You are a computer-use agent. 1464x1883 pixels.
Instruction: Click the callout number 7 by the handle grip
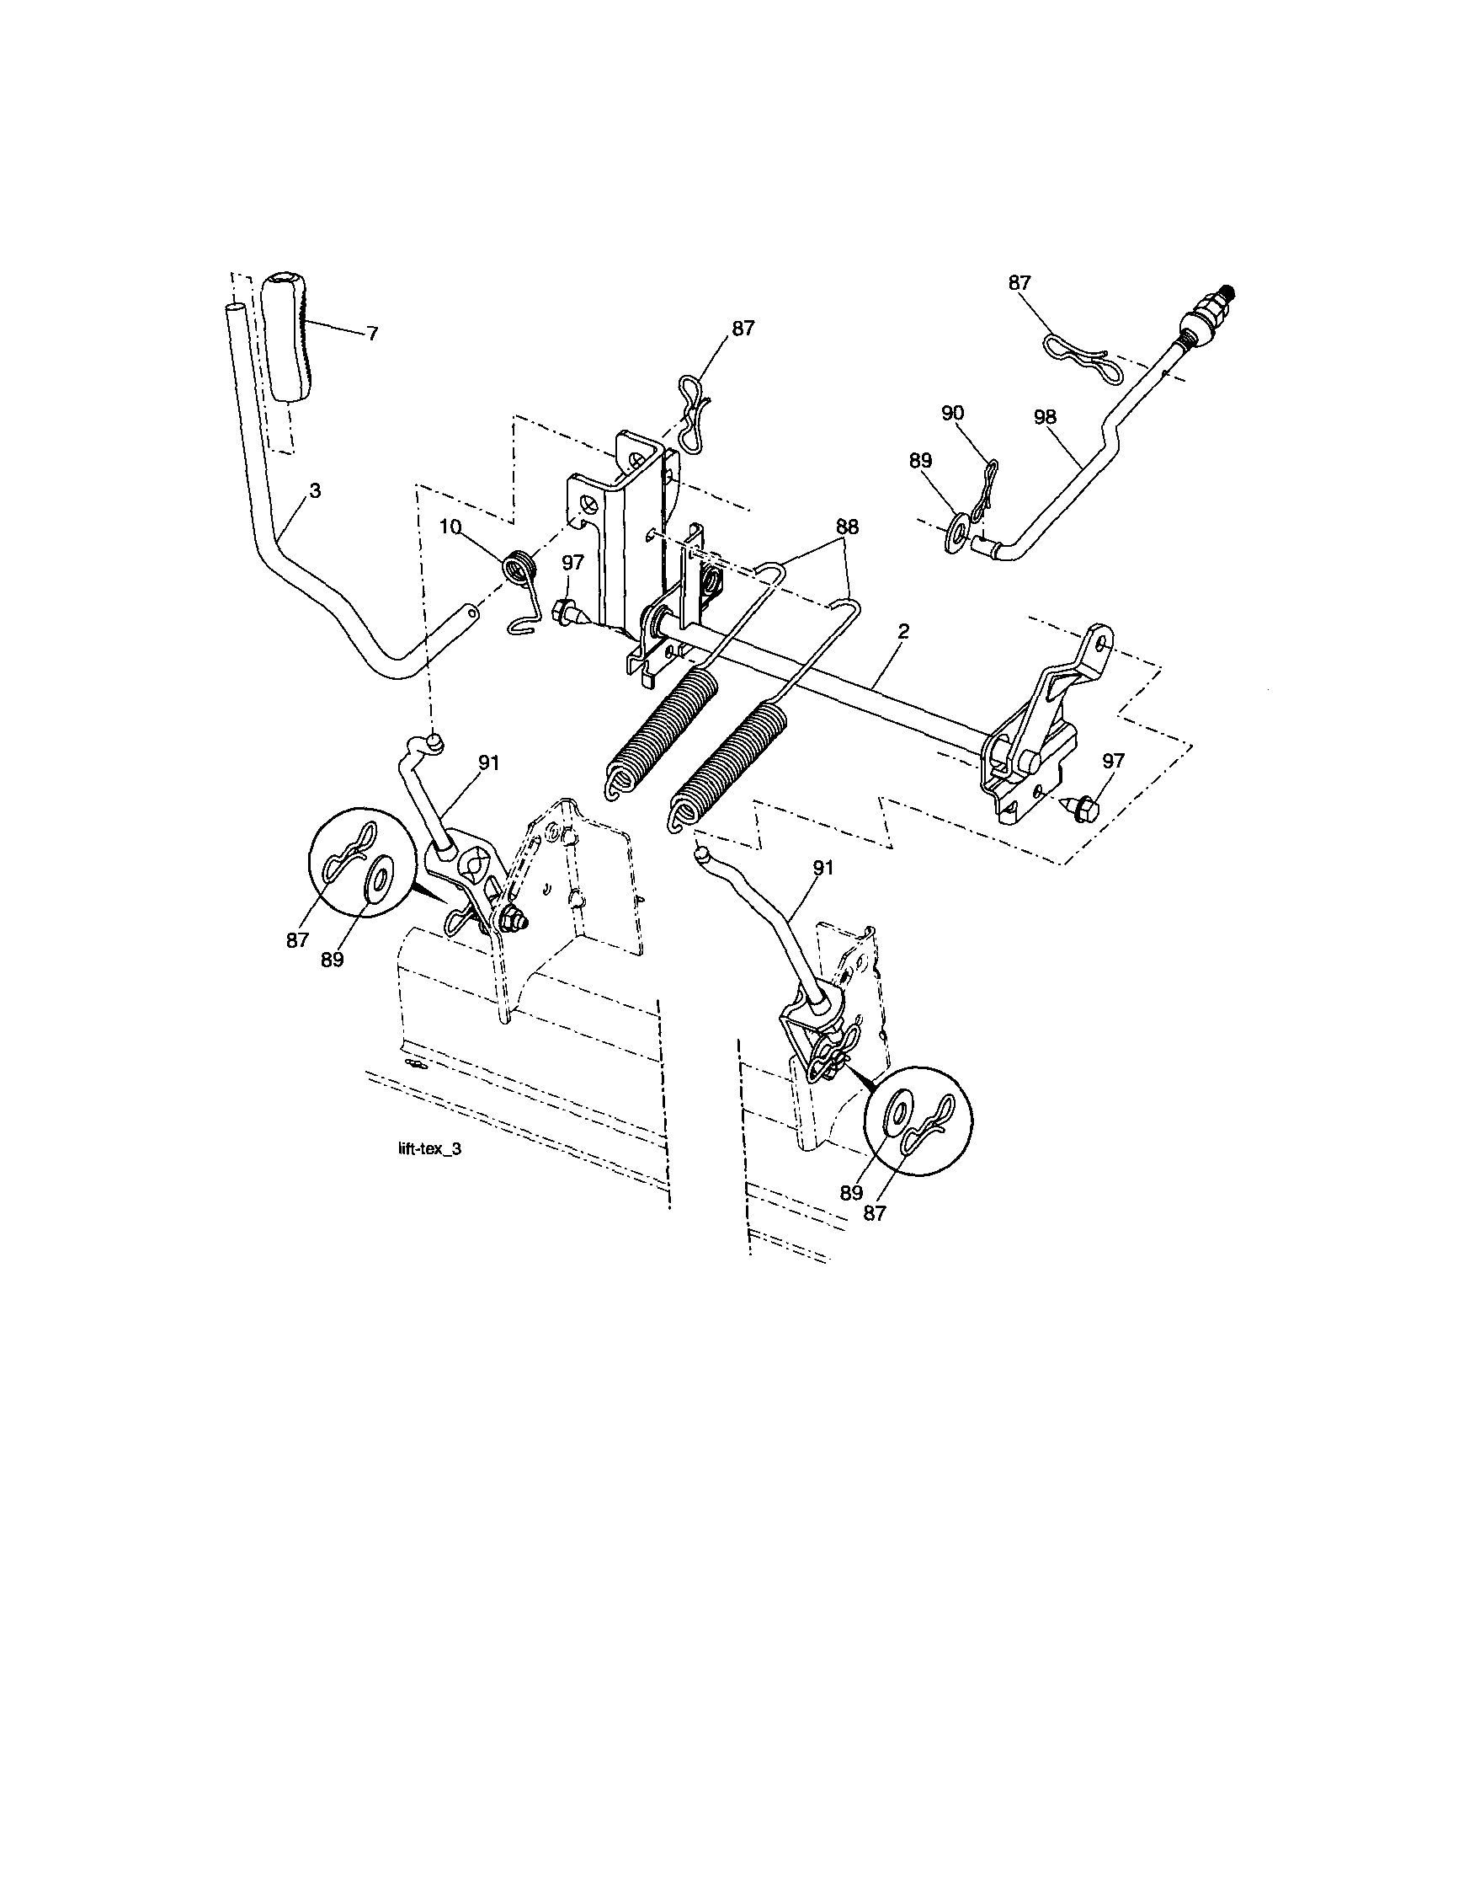pos(371,334)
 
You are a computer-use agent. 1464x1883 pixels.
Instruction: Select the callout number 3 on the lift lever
pos(315,490)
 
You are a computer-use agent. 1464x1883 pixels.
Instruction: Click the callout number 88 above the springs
pos(847,527)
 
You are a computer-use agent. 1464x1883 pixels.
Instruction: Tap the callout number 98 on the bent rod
pos(1045,417)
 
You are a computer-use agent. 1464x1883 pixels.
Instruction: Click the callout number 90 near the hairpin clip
pos(952,413)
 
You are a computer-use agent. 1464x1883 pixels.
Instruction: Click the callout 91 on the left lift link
pos(487,762)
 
